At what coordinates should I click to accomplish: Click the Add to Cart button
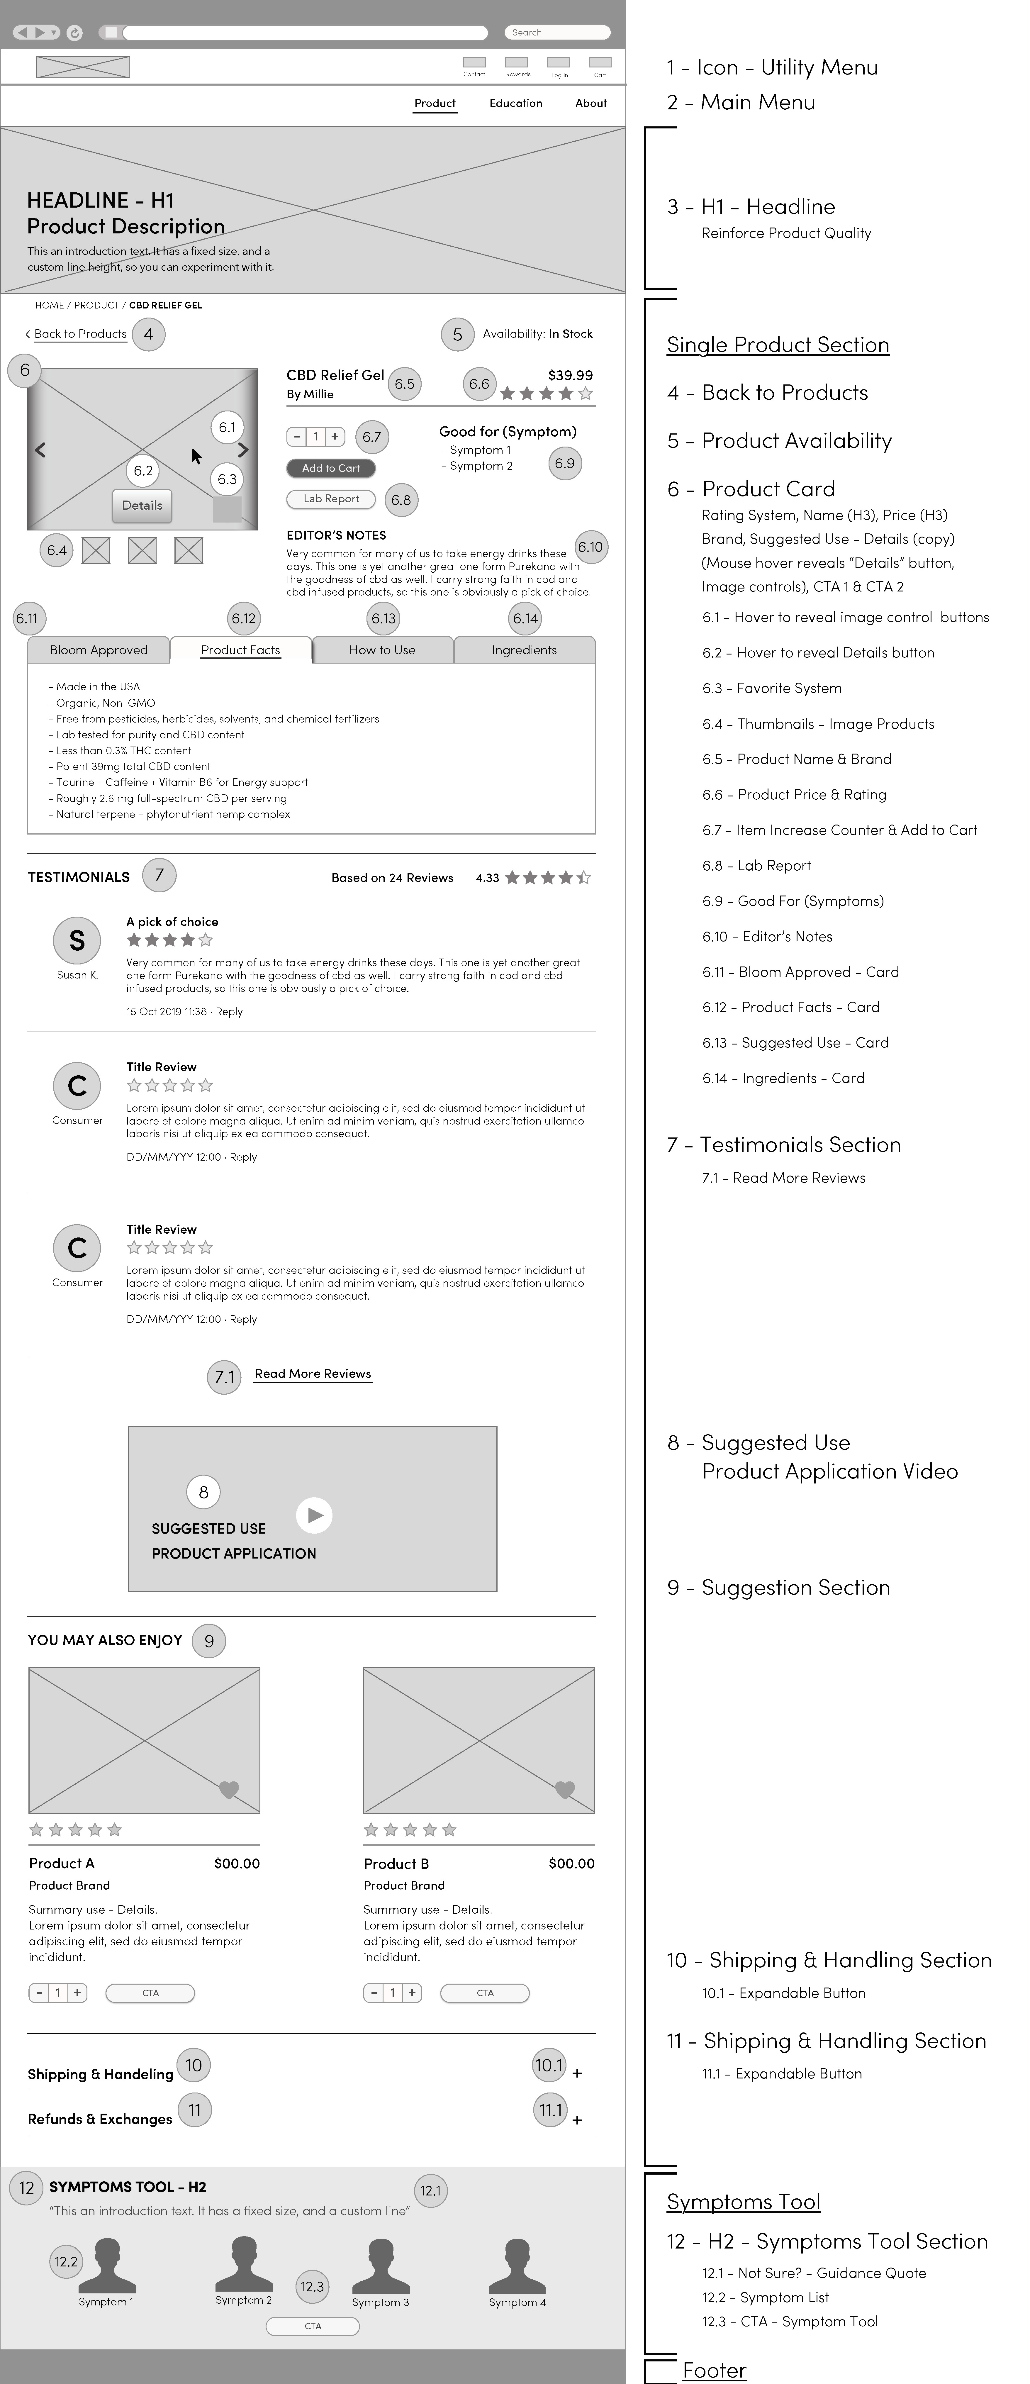pyautogui.click(x=330, y=468)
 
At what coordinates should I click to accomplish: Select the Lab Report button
pyautogui.click(x=330, y=499)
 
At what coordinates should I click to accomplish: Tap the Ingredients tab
pyautogui.click(x=524, y=650)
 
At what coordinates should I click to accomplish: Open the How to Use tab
pyautogui.click(x=382, y=650)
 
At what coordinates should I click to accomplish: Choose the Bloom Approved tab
pyautogui.click(x=98, y=650)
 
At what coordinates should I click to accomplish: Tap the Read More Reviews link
pyautogui.click(x=313, y=1374)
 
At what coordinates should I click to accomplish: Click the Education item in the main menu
pyautogui.click(x=515, y=103)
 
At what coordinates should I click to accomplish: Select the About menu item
pyautogui.click(x=590, y=103)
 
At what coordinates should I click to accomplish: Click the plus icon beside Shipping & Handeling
pyautogui.click(x=576, y=2073)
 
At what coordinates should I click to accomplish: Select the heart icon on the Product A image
pyautogui.click(x=229, y=1789)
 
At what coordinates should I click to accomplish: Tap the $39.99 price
pyautogui.click(x=570, y=375)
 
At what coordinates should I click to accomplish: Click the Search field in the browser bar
pyautogui.click(x=557, y=32)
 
